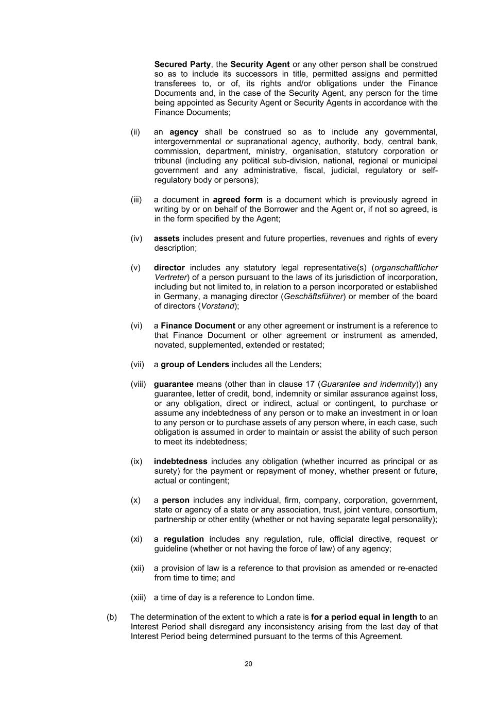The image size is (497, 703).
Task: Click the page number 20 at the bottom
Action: click(x=248, y=664)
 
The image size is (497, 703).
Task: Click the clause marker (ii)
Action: click(x=135, y=132)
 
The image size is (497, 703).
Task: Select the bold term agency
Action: click(x=184, y=132)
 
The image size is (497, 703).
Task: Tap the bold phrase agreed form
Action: click(x=237, y=199)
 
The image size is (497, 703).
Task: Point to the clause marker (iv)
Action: click(x=136, y=238)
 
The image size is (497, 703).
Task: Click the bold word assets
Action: click(x=166, y=238)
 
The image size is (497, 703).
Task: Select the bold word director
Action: click(x=169, y=268)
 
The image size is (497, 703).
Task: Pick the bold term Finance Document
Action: click(x=198, y=325)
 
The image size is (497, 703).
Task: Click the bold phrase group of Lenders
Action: click(x=195, y=365)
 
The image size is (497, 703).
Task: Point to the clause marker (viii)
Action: click(x=138, y=384)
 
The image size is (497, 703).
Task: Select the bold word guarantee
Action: click(x=174, y=384)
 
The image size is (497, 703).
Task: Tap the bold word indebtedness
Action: click(x=180, y=461)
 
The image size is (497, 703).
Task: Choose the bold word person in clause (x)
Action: click(x=176, y=500)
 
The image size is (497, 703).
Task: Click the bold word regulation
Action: click(x=184, y=539)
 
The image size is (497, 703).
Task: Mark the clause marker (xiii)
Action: click(x=138, y=597)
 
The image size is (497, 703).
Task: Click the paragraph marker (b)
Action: click(x=112, y=617)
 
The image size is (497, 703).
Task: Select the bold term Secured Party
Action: click(x=182, y=64)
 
